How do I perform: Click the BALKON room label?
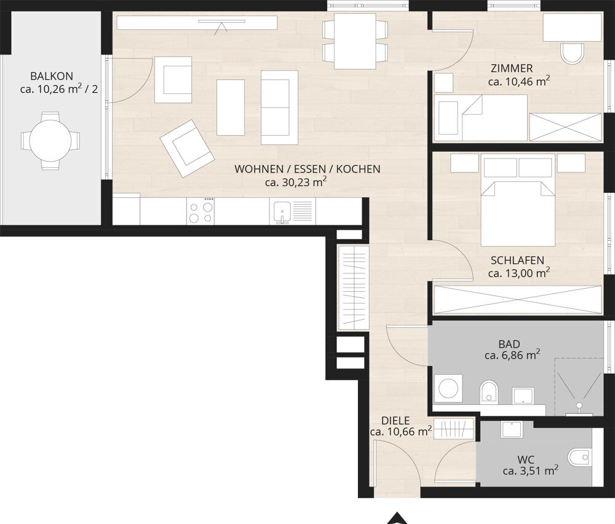tap(52, 76)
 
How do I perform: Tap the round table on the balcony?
tap(50, 141)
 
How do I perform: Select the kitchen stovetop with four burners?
tap(200, 211)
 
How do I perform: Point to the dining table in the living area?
tap(355, 41)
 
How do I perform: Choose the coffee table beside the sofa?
tap(231, 108)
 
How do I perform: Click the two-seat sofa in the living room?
tap(279, 108)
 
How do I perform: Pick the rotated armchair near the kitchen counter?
tap(187, 148)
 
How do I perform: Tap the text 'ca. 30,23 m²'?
tap(296, 182)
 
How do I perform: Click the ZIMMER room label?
tap(512, 69)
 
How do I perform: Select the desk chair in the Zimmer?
tap(572, 53)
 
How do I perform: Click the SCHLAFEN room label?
tap(517, 260)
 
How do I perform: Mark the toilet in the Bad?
tap(489, 391)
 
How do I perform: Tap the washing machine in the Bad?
tap(448, 388)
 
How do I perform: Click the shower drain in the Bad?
tap(579, 405)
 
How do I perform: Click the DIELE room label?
tap(395, 421)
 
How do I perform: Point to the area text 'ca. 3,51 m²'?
tap(531, 471)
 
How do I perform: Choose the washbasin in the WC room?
tap(511, 429)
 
